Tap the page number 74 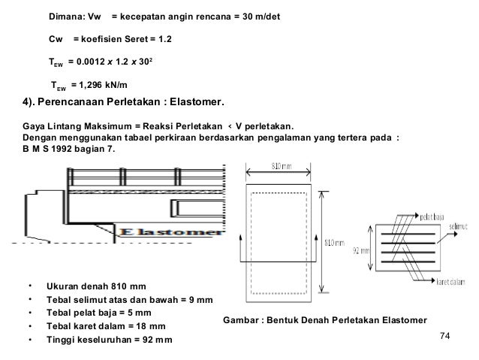pyautogui.click(x=448, y=337)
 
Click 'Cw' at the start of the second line pyautogui.click(x=55, y=38)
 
